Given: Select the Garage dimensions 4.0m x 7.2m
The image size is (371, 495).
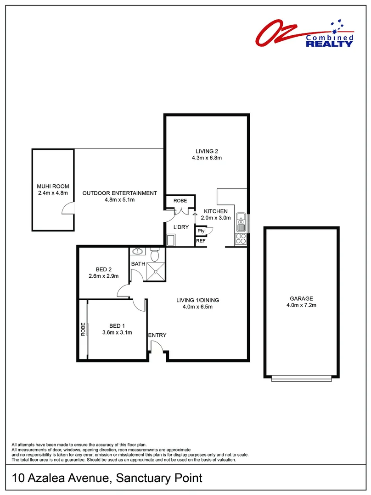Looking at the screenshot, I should pos(301,305).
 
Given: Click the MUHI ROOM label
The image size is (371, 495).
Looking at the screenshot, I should pos(53,187).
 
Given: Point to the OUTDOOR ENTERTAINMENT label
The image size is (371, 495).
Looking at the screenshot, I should pos(119,193).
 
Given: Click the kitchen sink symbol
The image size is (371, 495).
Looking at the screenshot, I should pos(240,222).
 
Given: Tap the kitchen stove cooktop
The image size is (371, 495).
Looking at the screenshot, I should pos(240,238).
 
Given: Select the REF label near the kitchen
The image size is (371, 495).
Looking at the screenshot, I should pos(201,241).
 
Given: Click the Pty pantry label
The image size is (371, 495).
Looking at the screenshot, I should pos(201,231).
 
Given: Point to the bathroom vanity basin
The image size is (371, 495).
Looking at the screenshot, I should pos(137,252).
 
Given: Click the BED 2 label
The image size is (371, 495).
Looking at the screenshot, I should pos(103,269).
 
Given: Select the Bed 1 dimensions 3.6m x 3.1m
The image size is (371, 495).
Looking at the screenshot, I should pos(117,333).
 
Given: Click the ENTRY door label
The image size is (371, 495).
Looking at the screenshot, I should pos(157,335).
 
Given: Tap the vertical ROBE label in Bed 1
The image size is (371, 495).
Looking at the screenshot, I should pos(83,330).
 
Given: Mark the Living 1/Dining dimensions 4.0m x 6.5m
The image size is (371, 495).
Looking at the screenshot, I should pos(197,307).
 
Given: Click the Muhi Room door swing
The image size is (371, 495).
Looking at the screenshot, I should pos(67,209).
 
